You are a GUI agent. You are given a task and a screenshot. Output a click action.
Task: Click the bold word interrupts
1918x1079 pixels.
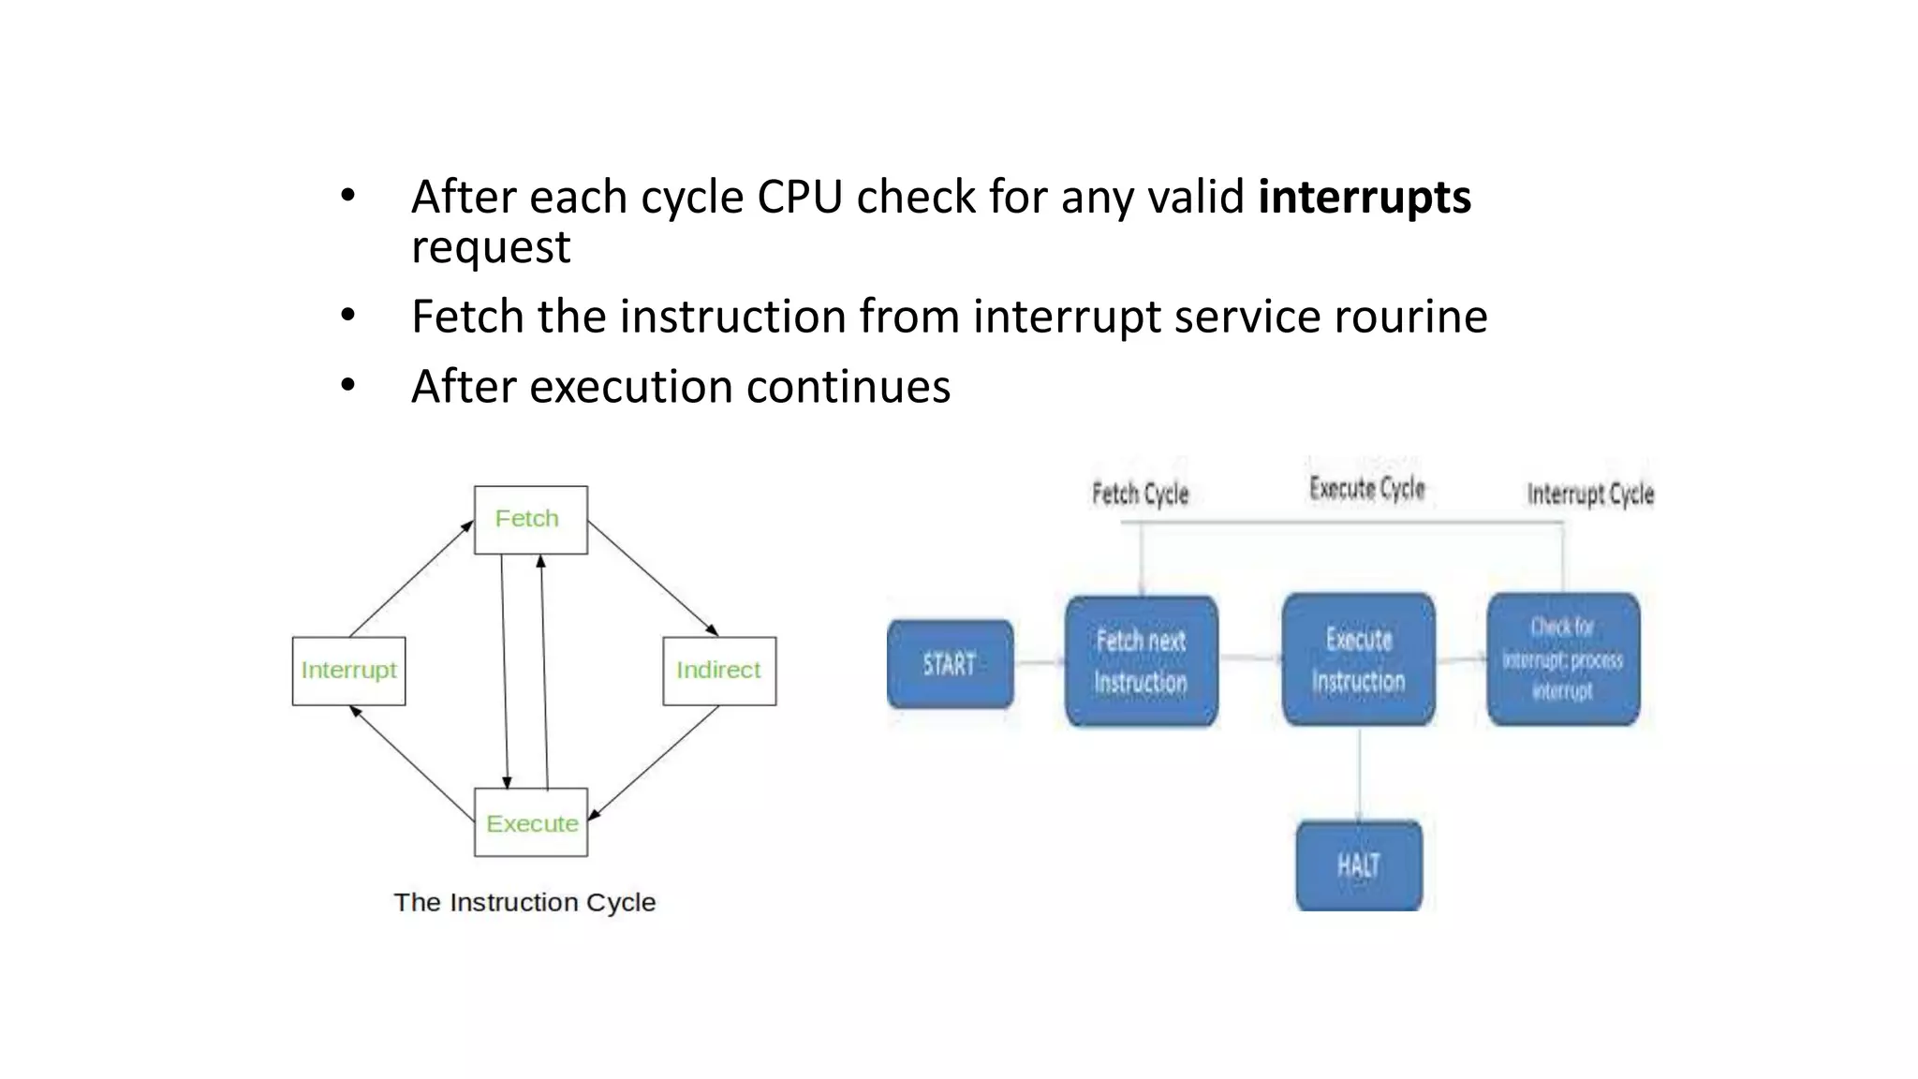pyautogui.click(x=1364, y=198)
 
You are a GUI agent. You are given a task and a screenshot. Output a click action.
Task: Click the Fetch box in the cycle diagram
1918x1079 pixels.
pyautogui.click(x=530, y=520)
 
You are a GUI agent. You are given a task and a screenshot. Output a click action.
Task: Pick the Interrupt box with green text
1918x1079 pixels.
pyautogui.click(x=348, y=671)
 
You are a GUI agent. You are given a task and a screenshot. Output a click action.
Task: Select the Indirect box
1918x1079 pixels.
pyautogui.click(x=718, y=671)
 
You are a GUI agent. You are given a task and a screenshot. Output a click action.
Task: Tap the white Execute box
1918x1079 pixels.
pyautogui.click(x=531, y=822)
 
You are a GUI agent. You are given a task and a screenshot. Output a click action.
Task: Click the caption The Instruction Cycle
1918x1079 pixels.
pyautogui.click(x=524, y=902)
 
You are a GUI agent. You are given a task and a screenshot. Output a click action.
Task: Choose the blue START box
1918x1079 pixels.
pyautogui.click(x=950, y=664)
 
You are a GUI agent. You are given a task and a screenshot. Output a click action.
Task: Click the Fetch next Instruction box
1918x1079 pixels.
pyautogui.click(x=1141, y=661)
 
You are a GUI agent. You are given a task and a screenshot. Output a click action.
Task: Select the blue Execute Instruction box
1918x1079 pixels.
pyautogui.click(x=1358, y=659)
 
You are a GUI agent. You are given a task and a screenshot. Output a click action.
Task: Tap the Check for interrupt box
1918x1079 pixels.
pyautogui.click(x=1562, y=659)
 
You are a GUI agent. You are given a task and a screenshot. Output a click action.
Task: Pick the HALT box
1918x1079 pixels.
pyautogui.click(x=1359, y=865)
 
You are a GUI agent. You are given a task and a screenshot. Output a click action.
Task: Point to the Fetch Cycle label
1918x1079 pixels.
pyautogui.click(x=1140, y=494)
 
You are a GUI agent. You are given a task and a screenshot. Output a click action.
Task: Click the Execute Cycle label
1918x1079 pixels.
pyautogui.click(x=1366, y=488)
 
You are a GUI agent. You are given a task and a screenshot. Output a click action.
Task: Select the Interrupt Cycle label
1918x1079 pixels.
pyautogui.click(x=1589, y=494)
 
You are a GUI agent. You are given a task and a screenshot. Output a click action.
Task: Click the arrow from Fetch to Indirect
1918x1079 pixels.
pyautogui.click(x=653, y=578)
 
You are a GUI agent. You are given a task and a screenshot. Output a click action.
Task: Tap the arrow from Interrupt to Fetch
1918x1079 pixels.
pyautogui.click(x=410, y=579)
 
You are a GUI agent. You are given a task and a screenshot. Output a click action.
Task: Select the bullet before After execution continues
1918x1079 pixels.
pyautogui.click(x=348, y=386)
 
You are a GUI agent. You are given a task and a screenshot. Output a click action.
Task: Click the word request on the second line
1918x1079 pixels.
pyautogui.click(x=491, y=247)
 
